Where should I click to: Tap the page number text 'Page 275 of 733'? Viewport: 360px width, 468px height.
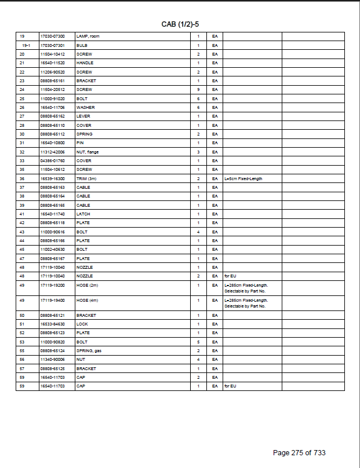(303, 453)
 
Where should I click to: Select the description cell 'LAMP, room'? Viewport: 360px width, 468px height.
(88, 36)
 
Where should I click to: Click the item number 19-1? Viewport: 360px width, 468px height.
(26, 45)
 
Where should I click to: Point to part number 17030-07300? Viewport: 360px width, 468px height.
(52, 36)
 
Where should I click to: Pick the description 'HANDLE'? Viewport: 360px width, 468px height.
(85, 63)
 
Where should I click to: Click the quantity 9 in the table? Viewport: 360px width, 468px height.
(198, 90)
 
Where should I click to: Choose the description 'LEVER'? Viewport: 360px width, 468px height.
(83, 116)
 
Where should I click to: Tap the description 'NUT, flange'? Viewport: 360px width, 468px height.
(88, 152)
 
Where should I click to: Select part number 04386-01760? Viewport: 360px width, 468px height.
(52, 161)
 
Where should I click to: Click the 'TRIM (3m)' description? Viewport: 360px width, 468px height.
(86, 179)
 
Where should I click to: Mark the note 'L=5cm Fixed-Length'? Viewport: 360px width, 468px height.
(243, 179)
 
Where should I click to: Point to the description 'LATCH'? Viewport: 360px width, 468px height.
(83, 214)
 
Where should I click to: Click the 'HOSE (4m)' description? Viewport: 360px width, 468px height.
(87, 301)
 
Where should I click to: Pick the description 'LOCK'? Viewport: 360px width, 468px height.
(82, 324)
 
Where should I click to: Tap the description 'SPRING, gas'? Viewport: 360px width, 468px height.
(88, 351)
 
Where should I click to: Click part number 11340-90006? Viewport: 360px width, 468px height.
(52, 360)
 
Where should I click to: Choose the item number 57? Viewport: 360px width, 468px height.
(22, 369)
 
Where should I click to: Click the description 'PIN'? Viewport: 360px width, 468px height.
(81, 143)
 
